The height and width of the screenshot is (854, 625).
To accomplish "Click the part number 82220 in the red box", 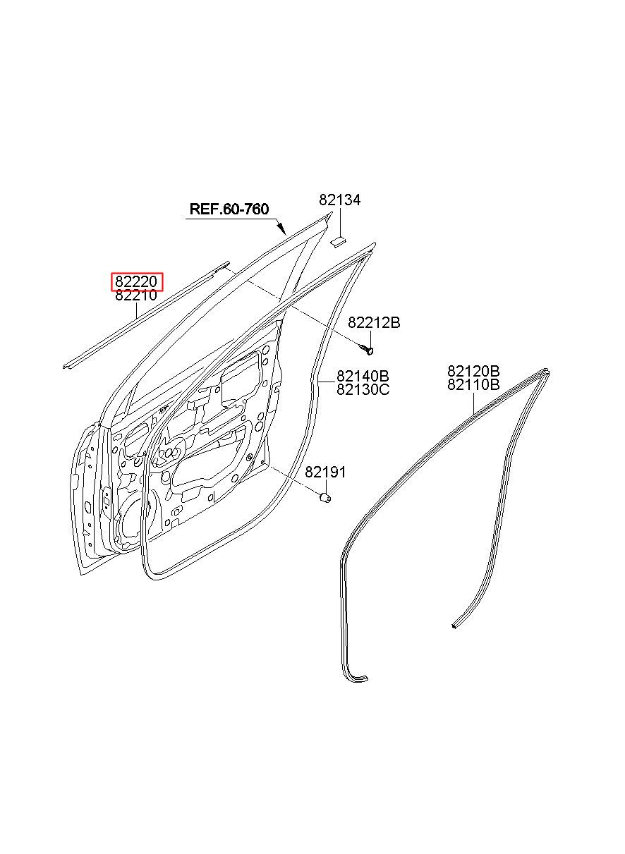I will point(137,282).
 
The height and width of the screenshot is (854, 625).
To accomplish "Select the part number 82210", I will point(137,296).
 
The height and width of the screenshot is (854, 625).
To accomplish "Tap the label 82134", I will point(339,200).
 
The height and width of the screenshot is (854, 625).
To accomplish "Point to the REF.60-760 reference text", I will point(229,209).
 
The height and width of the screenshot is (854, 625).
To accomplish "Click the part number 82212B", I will point(374,323).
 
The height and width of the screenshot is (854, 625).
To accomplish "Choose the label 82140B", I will point(363,376).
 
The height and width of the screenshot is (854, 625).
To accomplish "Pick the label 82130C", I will point(363,389).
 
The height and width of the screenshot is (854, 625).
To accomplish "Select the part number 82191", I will point(325,472).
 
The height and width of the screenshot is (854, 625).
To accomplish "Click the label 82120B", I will point(473,371).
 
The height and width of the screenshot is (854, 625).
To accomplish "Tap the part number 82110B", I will point(473,384).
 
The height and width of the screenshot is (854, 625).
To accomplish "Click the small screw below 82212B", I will point(367,349).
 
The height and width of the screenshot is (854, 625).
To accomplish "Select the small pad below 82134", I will point(337,240).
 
